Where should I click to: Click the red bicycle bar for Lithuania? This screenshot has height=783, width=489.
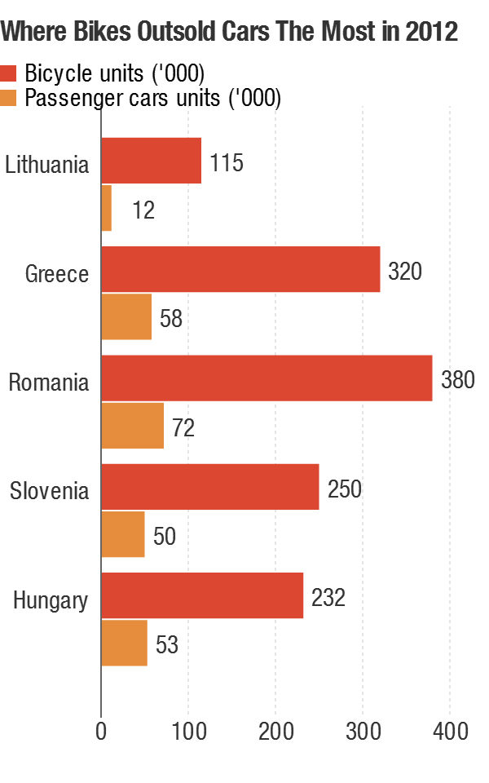pyautogui.click(x=151, y=161)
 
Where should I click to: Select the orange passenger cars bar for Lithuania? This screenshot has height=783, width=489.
pyautogui.click(x=106, y=208)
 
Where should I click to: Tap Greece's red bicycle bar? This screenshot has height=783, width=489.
pyautogui.click(x=240, y=269)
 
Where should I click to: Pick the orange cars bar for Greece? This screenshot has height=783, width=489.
pyautogui.click(x=126, y=316)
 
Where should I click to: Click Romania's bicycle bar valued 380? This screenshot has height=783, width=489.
pyautogui.click(x=267, y=378)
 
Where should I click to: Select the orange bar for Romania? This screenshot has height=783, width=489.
pyautogui.click(x=132, y=426)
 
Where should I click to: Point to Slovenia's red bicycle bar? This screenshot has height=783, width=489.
pyautogui.click(x=209, y=487)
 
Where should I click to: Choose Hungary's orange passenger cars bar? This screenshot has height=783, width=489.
pyautogui.click(x=124, y=643)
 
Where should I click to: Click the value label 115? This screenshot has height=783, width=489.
pyautogui.click(x=227, y=162)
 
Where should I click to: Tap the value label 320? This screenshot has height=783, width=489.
pyautogui.click(x=405, y=271)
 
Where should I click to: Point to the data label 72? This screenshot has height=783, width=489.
pyautogui.click(x=183, y=427)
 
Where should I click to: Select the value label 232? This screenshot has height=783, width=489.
pyautogui.click(x=328, y=598)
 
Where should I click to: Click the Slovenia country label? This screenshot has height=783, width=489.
pyautogui.click(x=49, y=491)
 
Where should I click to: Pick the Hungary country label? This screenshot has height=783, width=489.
pyautogui.click(x=51, y=601)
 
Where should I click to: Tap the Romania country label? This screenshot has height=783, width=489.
pyautogui.click(x=49, y=382)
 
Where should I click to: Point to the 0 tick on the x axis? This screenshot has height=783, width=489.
pyautogui.click(x=101, y=732)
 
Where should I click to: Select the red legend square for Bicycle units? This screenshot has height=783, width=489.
pyautogui.click(x=9, y=73)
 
